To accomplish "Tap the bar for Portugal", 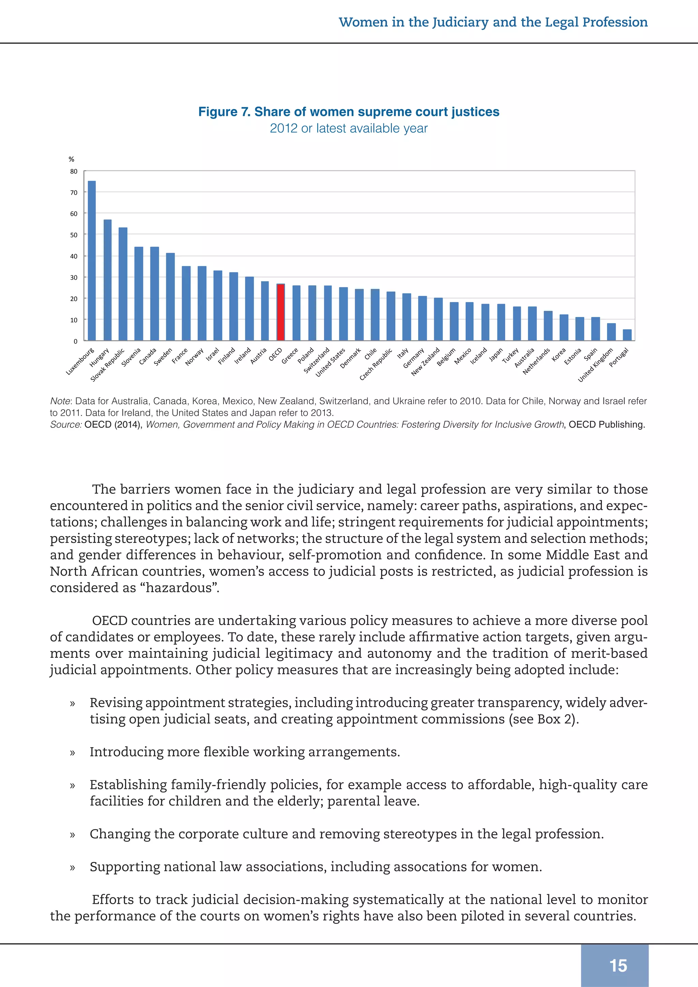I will [627, 335].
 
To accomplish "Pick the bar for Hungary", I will [107, 280].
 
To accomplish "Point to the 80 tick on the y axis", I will [74, 171].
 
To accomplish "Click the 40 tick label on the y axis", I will [74, 256].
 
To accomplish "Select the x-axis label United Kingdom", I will [596, 365].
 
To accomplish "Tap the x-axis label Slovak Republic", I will [107, 365].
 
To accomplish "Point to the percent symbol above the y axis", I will [71, 160].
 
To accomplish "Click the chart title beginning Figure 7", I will [349, 112].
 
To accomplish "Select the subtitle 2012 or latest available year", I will [349, 128].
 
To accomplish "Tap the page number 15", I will [618, 966].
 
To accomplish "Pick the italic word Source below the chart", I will [66, 425].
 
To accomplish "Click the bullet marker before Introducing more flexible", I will [73, 752].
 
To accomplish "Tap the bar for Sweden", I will [170, 297].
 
